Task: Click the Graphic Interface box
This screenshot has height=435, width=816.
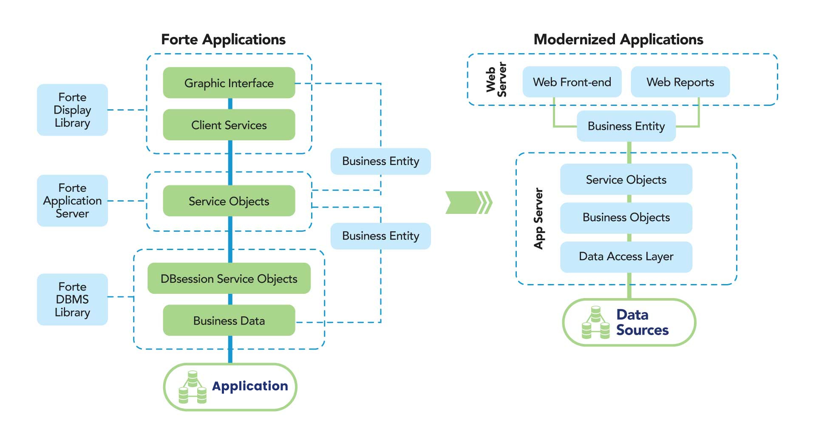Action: coord(229,83)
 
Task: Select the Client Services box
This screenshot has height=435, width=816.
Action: coord(229,125)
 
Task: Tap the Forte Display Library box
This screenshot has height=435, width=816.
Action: coord(72,110)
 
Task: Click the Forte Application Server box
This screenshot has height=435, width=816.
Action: coord(72,200)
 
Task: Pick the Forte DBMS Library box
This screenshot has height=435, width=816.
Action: coord(72,299)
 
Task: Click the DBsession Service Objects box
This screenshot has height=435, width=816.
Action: coord(229,279)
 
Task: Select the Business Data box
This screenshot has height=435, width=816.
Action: coord(229,321)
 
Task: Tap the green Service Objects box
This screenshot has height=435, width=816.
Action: coord(229,201)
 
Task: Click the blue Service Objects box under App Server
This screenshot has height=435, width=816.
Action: coord(626,179)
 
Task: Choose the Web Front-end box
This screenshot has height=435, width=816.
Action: coord(572,82)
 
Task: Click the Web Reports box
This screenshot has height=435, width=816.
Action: coord(680,82)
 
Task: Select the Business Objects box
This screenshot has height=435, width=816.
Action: coord(626,217)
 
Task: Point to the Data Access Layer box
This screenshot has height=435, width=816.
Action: coord(626,256)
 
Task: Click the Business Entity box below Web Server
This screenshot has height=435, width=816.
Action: coord(626,126)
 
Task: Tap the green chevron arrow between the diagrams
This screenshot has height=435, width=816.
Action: coord(467,202)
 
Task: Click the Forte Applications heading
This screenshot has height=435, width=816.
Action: coord(223,40)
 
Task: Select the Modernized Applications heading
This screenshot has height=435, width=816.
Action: coord(618,40)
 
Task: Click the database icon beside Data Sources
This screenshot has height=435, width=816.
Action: coord(596,323)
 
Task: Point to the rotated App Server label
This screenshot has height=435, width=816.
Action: coord(538,218)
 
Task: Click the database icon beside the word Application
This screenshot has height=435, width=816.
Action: coord(193,387)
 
